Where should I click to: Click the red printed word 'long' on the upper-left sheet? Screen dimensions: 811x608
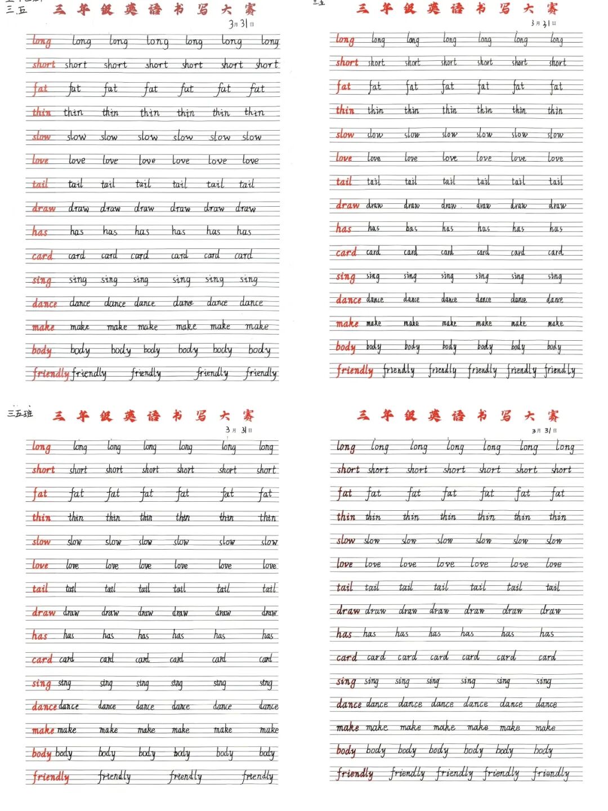click(x=41, y=41)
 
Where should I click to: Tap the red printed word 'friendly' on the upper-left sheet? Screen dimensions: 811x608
click(x=51, y=373)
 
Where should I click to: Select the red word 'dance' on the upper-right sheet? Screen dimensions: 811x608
click(x=348, y=300)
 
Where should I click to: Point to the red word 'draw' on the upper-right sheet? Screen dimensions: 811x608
click(x=347, y=206)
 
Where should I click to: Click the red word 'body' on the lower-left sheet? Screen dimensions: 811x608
click(x=42, y=754)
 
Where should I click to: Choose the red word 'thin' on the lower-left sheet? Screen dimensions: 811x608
click(x=41, y=518)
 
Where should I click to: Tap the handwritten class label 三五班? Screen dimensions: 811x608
click(x=20, y=413)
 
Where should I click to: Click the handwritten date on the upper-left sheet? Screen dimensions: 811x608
click(x=241, y=24)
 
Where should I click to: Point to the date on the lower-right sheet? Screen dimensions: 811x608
click(x=544, y=431)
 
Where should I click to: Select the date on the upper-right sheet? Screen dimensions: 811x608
click(x=543, y=23)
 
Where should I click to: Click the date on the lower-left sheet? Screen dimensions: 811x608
click(x=239, y=430)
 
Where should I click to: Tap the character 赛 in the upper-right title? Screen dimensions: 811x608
click(x=552, y=8)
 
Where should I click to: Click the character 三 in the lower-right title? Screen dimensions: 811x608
click(x=363, y=415)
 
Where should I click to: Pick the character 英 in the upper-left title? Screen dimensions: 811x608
click(x=131, y=9)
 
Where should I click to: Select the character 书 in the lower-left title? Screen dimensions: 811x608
click(x=177, y=416)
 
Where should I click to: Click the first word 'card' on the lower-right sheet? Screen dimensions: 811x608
click(x=346, y=657)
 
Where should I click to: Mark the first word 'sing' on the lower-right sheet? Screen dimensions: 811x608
click(x=346, y=682)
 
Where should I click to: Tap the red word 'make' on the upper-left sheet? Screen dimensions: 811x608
click(x=43, y=327)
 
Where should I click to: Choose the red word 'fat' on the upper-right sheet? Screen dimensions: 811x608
click(x=343, y=87)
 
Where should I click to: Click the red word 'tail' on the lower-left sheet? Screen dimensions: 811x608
click(x=40, y=589)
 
